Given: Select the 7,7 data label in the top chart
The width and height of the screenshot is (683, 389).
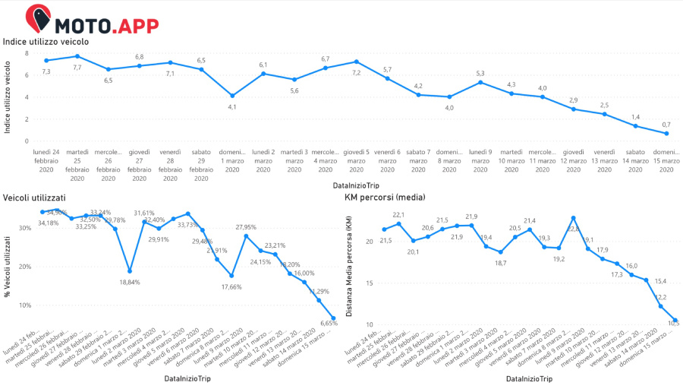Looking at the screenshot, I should coord(77,68).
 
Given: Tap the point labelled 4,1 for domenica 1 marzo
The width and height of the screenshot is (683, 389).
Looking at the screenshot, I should coord(232,96).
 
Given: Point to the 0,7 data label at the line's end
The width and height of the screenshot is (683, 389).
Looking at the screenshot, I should coord(666,124).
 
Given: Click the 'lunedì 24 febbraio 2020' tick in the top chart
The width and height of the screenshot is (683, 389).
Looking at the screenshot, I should coord(46,162).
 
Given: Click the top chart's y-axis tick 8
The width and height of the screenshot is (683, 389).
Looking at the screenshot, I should coord(27,53).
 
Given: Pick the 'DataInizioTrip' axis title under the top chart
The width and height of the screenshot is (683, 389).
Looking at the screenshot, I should coord(357,185).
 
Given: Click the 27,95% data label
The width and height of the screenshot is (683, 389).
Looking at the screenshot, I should coord(246,227).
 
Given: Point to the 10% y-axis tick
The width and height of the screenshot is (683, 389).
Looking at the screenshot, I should coord(25,305).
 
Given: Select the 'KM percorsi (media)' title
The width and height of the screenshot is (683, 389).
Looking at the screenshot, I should coord(384,198).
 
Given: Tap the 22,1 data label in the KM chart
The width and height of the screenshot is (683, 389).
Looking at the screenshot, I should coord(399,215).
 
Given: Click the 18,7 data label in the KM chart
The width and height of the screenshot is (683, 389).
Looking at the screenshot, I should coord(500,262).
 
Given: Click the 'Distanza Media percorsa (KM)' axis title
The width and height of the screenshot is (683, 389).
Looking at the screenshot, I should coord(351,266).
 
